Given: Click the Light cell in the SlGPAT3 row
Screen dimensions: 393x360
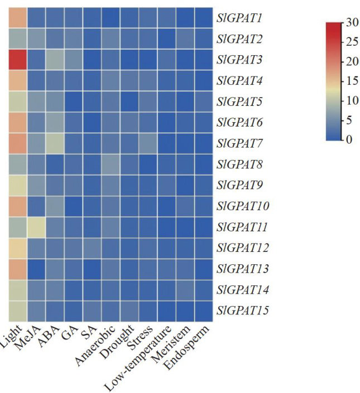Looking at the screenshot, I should pos(17,60).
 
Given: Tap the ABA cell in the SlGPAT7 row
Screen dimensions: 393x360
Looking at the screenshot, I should pos(54,143).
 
